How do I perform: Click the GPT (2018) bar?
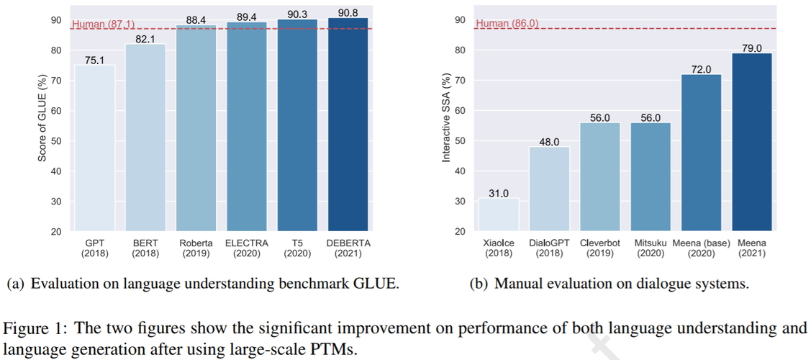pyautogui.click(x=95, y=148)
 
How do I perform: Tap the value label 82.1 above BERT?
pyautogui.click(x=145, y=39)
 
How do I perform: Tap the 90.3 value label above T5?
pyautogui.click(x=298, y=14)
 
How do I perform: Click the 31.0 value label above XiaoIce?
pyautogui.click(x=499, y=193)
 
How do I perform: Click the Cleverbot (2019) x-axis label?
pyautogui.click(x=599, y=248)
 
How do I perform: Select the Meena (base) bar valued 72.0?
pyautogui.click(x=702, y=153)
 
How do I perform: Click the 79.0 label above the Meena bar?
pyautogui.click(x=752, y=48)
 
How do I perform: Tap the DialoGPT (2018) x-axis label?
pyautogui.click(x=549, y=248)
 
